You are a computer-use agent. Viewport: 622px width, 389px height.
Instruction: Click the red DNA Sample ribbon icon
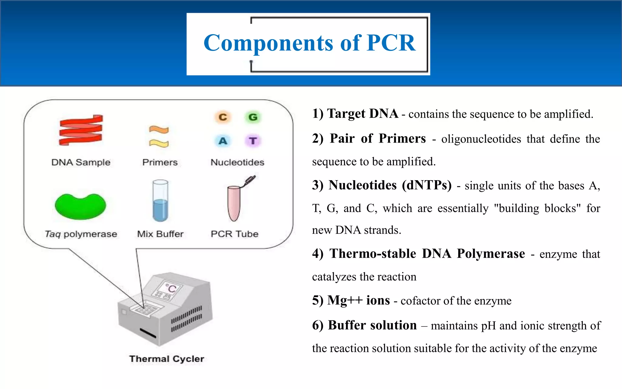pos(81,130)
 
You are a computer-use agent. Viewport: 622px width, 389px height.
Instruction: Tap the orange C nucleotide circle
pos(223,117)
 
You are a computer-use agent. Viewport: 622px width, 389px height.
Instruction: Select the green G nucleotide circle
pos(253,117)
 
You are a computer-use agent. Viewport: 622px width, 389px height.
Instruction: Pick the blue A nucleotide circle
pos(223,141)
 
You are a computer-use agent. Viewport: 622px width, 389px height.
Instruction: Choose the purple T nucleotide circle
pos(253,141)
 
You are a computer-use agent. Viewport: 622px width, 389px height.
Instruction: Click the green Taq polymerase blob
pos(80,206)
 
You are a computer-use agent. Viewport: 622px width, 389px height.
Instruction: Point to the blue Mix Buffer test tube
pos(160,201)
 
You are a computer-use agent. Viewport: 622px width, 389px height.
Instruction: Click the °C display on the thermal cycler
pos(171,288)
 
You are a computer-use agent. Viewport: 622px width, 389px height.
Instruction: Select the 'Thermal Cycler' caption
pos(167,359)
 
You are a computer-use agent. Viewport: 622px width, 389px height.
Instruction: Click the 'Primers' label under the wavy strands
pos(160,162)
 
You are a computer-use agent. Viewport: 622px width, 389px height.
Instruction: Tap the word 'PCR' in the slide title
pos(391,43)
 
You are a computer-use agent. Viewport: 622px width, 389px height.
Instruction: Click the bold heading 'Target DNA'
pos(363,114)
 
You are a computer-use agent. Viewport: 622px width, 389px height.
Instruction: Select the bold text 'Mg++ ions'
pos(359,300)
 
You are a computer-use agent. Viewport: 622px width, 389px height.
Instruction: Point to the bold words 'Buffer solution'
pos(372,325)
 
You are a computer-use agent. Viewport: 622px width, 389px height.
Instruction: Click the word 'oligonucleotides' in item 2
pos(481,139)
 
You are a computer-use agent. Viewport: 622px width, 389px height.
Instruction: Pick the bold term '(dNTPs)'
pos(427,185)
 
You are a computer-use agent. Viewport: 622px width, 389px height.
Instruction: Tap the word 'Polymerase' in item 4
pos(491,253)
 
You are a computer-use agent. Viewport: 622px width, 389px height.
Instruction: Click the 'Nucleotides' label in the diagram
pos(237,162)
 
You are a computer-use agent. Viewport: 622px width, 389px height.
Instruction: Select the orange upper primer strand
pos(159,130)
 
